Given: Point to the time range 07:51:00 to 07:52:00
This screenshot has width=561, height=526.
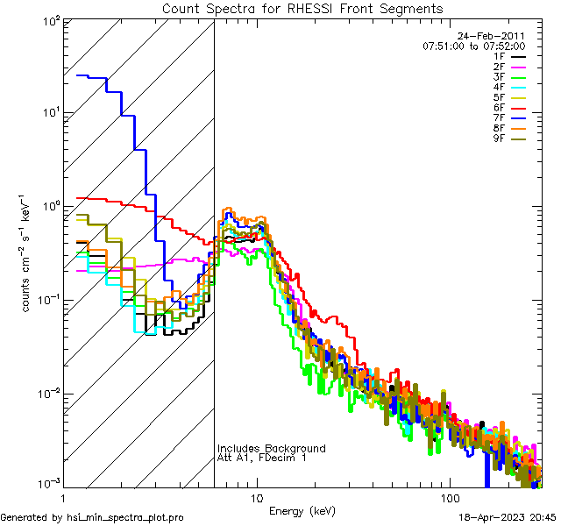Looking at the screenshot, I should [x=473, y=46].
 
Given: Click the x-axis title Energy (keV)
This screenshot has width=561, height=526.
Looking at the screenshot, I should [x=302, y=511].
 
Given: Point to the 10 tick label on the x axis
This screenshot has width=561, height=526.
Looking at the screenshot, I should [x=256, y=497].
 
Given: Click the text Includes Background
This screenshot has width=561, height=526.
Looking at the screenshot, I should [x=271, y=448].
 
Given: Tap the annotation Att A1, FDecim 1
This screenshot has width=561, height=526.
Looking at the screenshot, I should [x=262, y=458].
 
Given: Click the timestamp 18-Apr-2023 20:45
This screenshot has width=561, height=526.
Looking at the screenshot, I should [x=508, y=517].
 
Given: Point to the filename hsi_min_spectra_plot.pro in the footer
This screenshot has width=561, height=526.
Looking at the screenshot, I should [x=125, y=517].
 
